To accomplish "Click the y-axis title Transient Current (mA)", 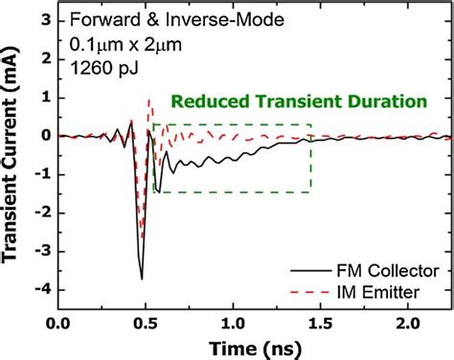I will tap(12, 163).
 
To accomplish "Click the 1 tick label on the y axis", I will tap(44, 97).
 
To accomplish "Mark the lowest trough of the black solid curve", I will tap(142, 279).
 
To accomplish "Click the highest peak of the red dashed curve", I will tap(148, 100).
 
